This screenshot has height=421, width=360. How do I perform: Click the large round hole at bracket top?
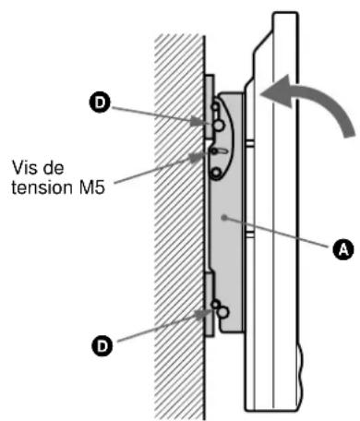[219, 126]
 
